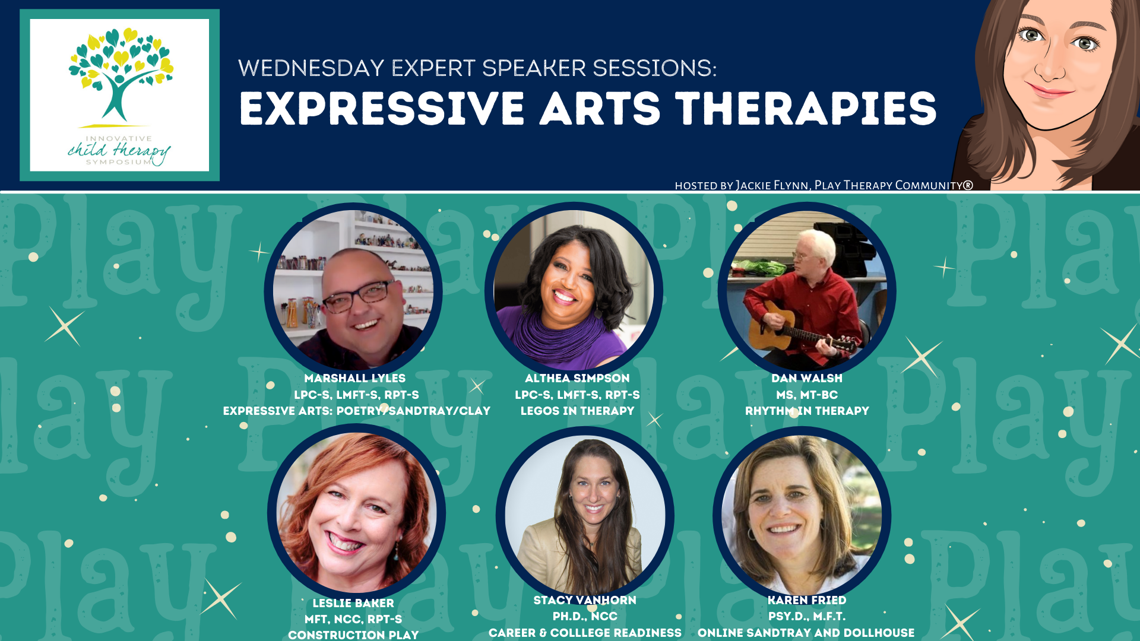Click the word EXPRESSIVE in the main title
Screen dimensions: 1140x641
382,109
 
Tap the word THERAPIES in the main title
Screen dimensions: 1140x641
806,109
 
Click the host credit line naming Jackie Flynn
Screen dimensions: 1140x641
824,185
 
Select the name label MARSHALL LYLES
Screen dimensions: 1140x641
355,378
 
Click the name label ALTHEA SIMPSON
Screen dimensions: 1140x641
577,378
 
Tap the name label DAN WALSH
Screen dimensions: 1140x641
807,378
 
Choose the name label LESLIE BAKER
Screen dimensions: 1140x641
353,603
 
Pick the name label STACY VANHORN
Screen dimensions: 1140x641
585,600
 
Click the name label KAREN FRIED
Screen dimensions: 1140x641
807,600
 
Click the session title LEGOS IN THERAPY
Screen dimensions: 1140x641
577,411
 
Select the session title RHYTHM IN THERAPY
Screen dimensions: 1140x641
807,411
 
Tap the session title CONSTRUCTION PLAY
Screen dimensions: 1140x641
353,634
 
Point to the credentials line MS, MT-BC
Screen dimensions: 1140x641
807,395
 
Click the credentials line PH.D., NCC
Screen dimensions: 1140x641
585,617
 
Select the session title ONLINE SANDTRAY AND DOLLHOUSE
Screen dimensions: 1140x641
806,633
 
